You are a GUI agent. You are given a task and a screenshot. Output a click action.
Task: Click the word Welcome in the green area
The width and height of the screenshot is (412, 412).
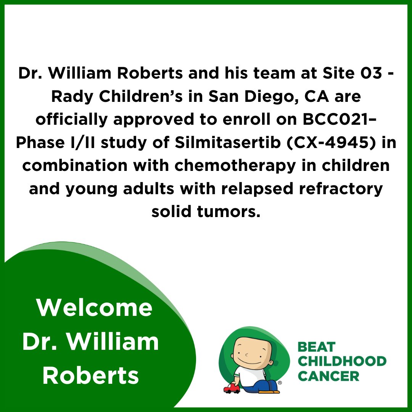tap(95, 308)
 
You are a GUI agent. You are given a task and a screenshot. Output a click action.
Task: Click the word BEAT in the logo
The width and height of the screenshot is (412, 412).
tap(316, 347)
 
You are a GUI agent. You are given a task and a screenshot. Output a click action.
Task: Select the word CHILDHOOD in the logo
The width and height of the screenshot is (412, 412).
tap(342, 361)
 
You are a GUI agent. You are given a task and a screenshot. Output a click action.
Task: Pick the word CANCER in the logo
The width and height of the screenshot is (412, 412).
tap(328, 376)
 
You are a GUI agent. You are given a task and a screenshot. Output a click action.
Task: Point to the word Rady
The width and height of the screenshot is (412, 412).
tap(69, 97)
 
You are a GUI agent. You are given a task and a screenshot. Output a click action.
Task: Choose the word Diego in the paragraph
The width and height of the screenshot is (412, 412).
tap(254, 97)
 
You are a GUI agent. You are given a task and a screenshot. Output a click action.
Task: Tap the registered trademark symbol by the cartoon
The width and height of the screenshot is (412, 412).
tap(280, 382)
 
